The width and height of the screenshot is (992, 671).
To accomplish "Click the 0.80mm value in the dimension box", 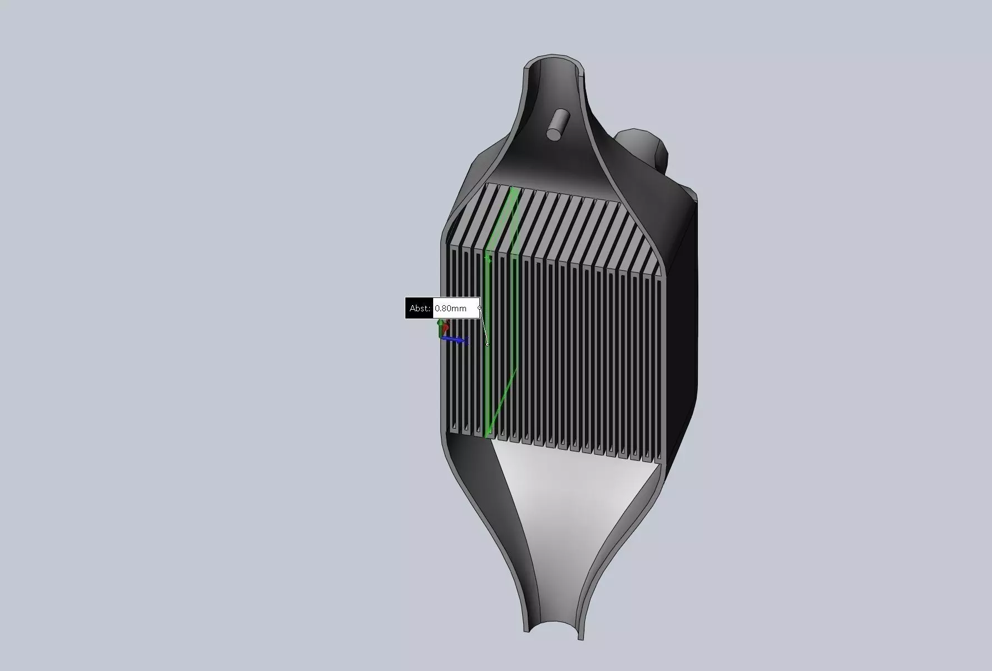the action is tap(451, 308).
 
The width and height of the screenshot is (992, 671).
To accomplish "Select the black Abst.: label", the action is tap(419, 308).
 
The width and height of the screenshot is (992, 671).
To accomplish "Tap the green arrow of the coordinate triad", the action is tap(441, 327).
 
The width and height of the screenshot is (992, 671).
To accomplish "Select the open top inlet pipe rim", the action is tap(554, 64).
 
